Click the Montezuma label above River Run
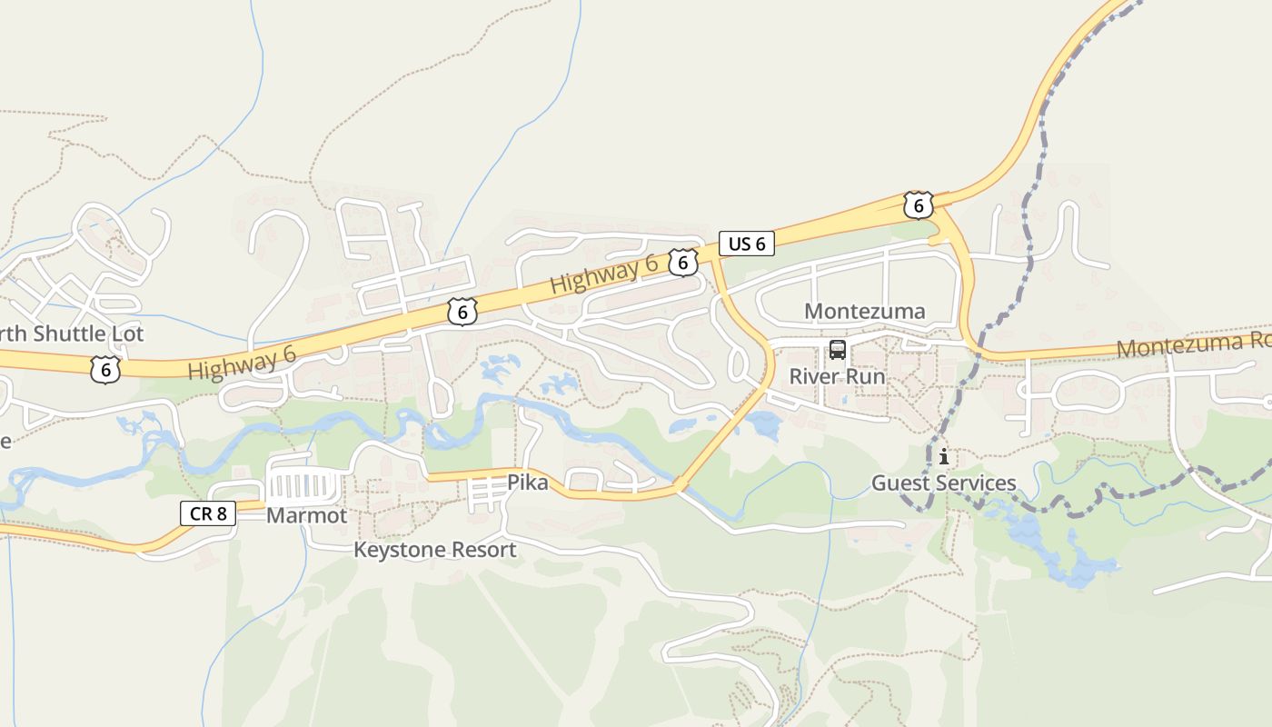(x=864, y=312)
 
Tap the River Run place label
(x=836, y=376)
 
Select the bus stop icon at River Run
(x=837, y=350)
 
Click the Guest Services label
(x=943, y=483)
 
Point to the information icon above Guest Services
(x=944, y=456)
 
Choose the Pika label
(x=527, y=483)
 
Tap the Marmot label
(x=306, y=516)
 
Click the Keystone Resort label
(x=434, y=550)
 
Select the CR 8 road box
(x=208, y=513)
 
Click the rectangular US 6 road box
(x=746, y=244)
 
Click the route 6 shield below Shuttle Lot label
(x=105, y=370)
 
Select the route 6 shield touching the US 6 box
(x=683, y=263)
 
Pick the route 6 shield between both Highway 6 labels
(x=462, y=313)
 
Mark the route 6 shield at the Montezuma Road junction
(x=919, y=206)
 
